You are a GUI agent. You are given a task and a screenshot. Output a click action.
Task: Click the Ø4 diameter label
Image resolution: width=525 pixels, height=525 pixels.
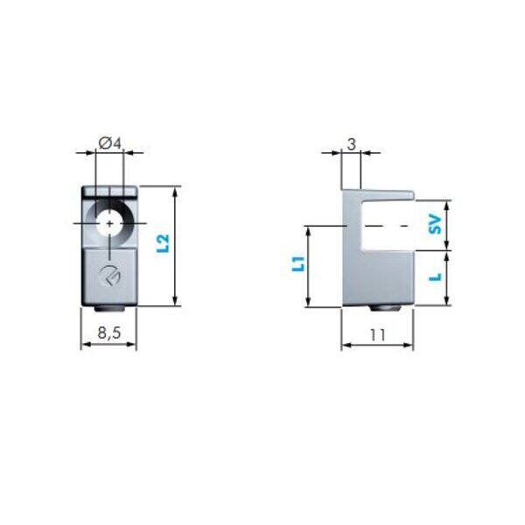click(x=109, y=144)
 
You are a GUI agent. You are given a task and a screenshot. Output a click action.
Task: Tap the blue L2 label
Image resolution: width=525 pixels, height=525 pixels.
click(x=164, y=243)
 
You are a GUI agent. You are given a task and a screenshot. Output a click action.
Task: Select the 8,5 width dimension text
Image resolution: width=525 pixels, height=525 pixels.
click(x=108, y=332)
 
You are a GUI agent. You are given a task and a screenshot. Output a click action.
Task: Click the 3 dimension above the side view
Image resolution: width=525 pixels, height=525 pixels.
click(x=351, y=144)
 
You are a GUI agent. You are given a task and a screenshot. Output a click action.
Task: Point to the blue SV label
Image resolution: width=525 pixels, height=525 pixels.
click(x=436, y=224)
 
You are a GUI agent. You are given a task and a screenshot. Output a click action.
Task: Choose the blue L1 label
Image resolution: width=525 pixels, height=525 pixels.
click(x=298, y=264)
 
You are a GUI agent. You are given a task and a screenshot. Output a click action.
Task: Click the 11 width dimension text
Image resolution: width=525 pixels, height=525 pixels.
click(x=377, y=334)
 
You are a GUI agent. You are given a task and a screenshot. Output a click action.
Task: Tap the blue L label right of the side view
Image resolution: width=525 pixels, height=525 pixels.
click(x=436, y=277)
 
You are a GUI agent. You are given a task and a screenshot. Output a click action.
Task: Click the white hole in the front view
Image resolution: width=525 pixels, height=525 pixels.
click(x=109, y=224)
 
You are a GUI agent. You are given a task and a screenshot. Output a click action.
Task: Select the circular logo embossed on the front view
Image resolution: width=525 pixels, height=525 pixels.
click(x=110, y=276)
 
